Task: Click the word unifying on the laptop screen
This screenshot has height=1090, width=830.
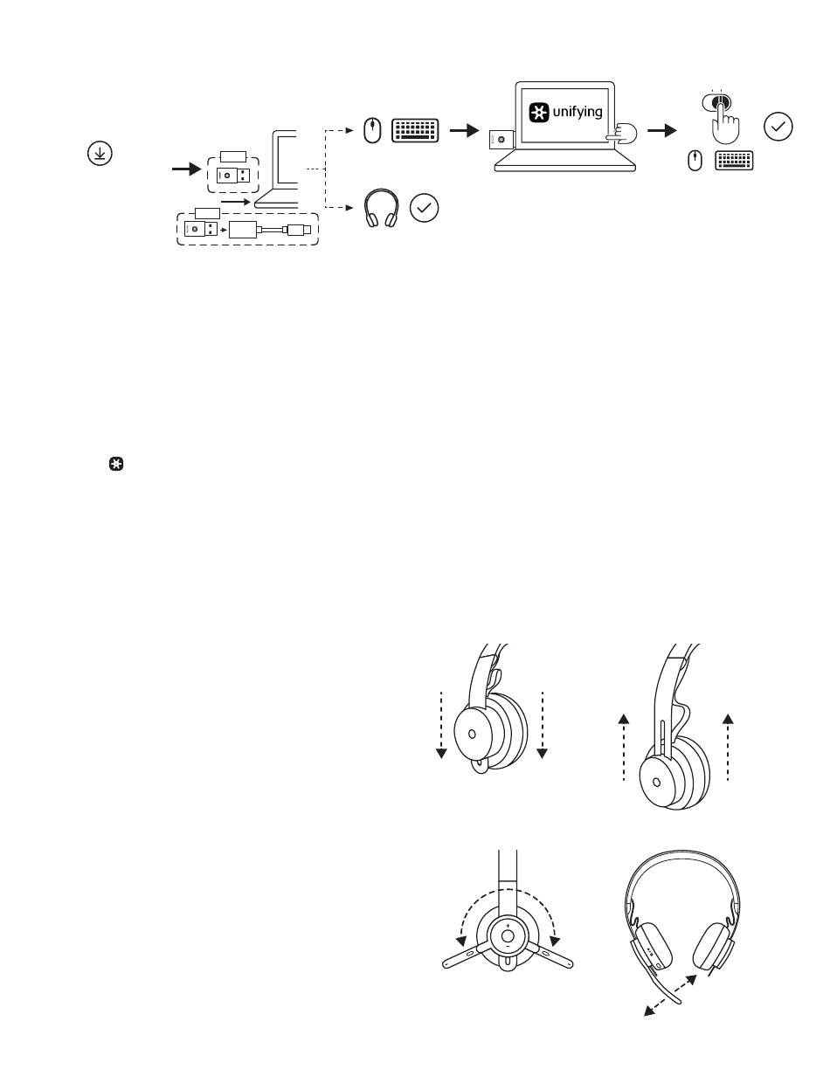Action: tap(577, 112)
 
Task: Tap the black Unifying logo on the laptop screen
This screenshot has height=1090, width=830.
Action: tap(539, 113)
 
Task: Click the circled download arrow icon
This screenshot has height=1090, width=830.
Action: tap(100, 153)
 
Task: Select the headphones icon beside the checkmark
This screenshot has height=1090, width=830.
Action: tap(381, 208)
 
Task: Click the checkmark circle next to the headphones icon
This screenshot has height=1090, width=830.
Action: tap(424, 208)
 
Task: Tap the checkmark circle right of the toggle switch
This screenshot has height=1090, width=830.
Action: tap(778, 127)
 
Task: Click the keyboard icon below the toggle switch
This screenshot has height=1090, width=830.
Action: tap(734, 161)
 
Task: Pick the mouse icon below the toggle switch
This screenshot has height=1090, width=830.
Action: tap(695, 161)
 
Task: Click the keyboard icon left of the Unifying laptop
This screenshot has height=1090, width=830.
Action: tap(415, 131)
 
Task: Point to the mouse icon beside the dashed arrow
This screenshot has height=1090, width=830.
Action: tap(372, 131)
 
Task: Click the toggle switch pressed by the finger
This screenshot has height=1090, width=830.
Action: tap(716, 102)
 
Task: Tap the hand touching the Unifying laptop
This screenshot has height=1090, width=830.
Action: tap(622, 134)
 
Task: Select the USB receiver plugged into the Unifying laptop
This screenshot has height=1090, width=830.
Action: tap(501, 139)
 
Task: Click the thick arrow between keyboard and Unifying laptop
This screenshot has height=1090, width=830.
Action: tap(464, 131)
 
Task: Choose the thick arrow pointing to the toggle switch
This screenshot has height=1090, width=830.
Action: tap(661, 131)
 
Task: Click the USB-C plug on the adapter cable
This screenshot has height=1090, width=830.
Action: tap(296, 230)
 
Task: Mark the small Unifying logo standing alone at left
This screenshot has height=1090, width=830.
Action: tap(115, 464)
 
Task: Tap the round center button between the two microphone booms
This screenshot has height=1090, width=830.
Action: tap(507, 936)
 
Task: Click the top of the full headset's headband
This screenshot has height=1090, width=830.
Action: tap(682, 853)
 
